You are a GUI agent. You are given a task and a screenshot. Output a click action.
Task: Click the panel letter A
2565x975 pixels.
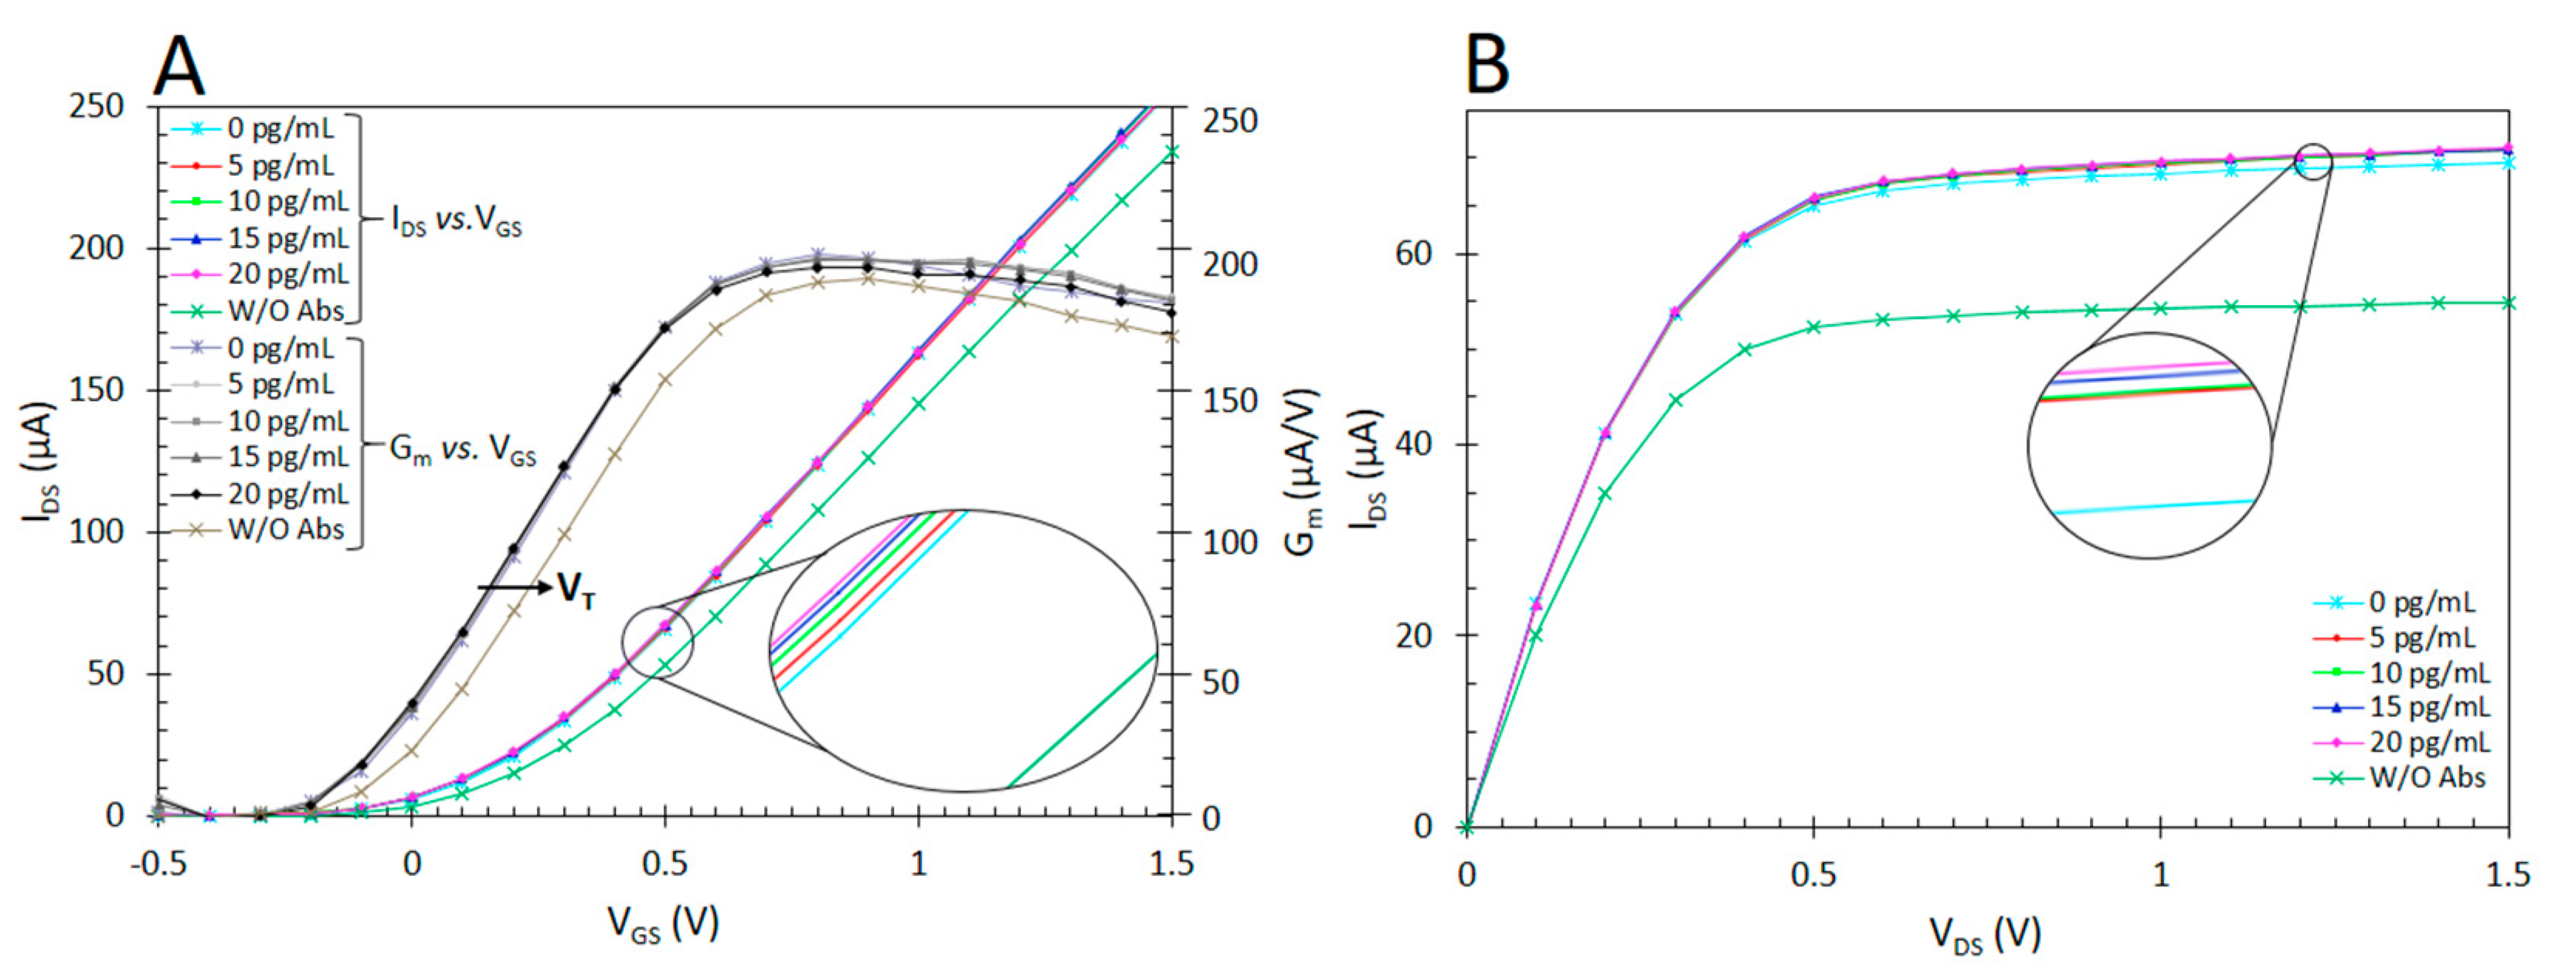(x=178, y=68)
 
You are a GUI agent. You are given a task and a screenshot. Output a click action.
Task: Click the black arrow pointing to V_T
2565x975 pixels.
(x=514, y=588)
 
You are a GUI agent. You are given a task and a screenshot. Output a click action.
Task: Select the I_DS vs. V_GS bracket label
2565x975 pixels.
(x=456, y=220)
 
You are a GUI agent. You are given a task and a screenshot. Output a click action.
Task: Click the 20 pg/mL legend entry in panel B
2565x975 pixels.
(x=2427, y=742)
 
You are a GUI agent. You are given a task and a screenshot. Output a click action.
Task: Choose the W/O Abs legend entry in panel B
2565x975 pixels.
(x=2426, y=778)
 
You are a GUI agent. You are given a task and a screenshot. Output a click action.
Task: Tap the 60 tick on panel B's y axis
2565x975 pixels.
(x=1415, y=253)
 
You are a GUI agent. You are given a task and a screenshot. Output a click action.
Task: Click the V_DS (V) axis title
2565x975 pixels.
(x=1986, y=934)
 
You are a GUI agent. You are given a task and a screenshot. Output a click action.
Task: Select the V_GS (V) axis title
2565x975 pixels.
(x=664, y=923)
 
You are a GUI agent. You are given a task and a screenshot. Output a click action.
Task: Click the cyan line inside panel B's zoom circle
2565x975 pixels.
(x=2151, y=507)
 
